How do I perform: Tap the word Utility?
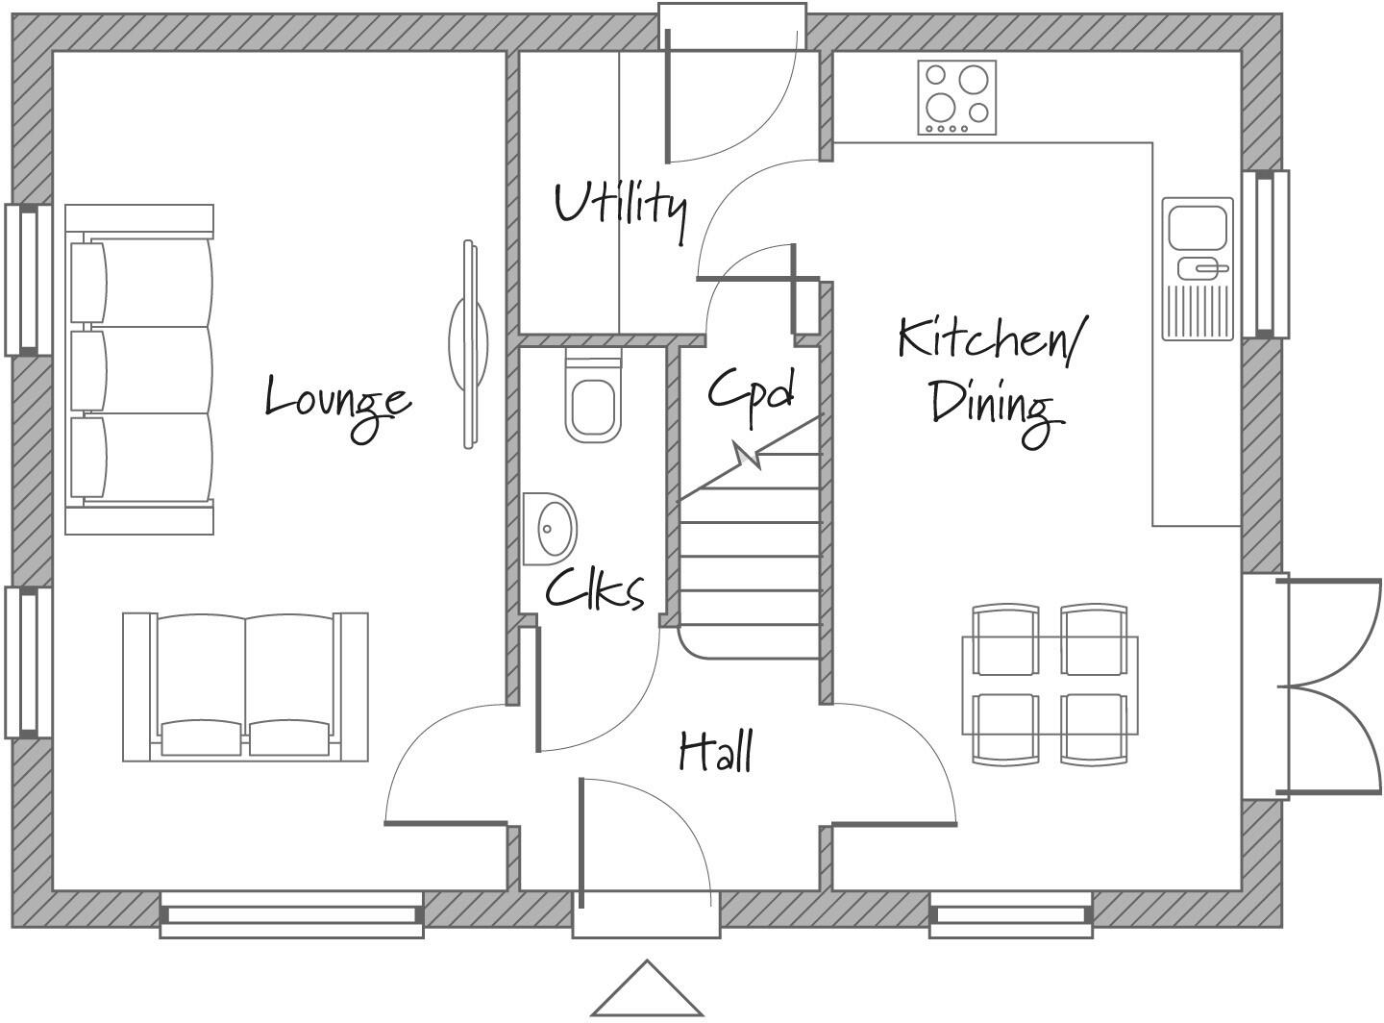click(x=621, y=205)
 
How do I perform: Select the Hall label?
click(x=716, y=751)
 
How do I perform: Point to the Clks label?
click(x=595, y=589)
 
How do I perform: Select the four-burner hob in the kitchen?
click(x=956, y=97)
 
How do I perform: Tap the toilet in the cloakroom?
click(x=592, y=405)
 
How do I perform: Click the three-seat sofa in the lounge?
click(x=140, y=369)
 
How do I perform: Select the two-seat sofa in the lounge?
click(x=245, y=686)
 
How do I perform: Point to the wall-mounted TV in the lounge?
click(x=468, y=343)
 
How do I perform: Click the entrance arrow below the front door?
click(x=647, y=990)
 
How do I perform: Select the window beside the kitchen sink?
click(x=1267, y=254)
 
